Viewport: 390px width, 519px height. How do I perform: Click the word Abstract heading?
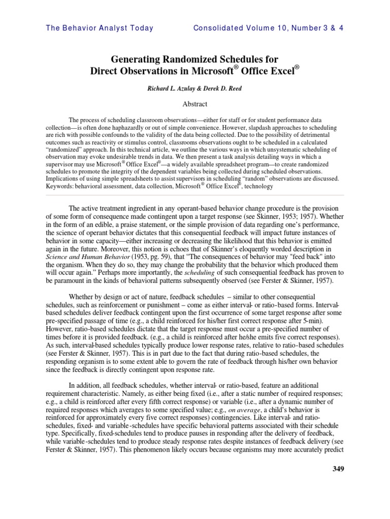click(195, 104)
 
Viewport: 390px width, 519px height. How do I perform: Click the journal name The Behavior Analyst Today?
click(100, 28)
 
